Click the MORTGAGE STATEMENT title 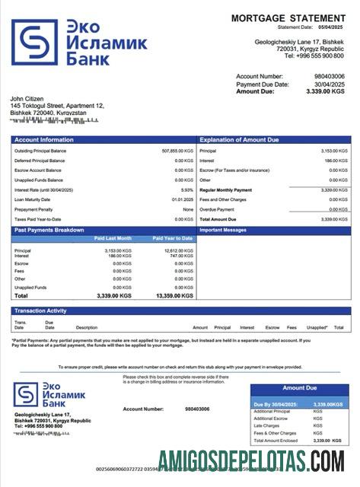(x=288, y=18)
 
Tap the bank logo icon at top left (x=33, y=42)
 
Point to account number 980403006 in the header (x=329, y=76)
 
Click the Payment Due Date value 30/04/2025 (x=329, y=84)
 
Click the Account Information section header (x=43, y=140)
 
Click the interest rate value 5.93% (x=187, y=189)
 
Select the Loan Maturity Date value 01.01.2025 (x=182, y=199)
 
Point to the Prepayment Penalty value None (x=188, y=209)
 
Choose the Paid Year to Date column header (x=173, y=239)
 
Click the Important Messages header (x=222, y=229)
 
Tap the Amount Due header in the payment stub (x=299, y=388)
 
